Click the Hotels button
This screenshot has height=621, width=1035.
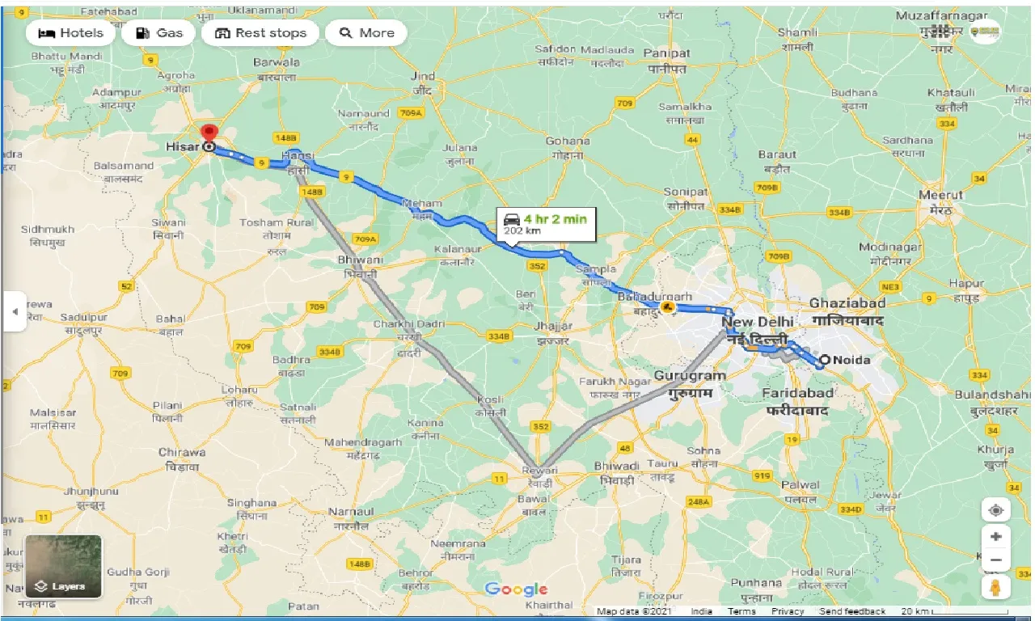click(71, 33)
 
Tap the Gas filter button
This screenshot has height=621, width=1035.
click(159, 33)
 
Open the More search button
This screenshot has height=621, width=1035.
click(366, 33)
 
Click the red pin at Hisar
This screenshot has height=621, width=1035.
click(209, 133)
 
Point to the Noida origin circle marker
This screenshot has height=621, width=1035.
click(824, 361)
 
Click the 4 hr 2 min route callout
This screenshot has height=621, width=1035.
click(547, 224)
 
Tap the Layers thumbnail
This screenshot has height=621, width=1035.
click(64, 566)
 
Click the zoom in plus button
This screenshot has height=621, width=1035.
click(995, 536)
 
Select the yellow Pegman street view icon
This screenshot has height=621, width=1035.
click(995, 587)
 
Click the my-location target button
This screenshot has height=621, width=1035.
click(995, 510)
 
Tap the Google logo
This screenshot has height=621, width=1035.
click(516, 589)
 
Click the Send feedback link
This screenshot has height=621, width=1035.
click(852, 611)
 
